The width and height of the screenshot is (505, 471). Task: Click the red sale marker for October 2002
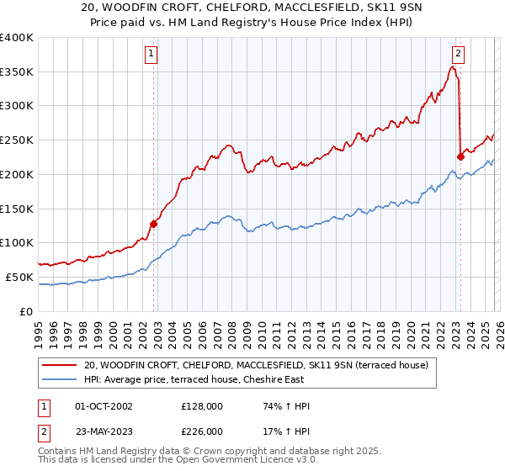(x=154, y=224)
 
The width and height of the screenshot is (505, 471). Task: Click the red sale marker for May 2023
(x=460, y=156)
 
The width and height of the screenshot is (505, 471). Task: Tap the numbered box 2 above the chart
(x=457, y=54)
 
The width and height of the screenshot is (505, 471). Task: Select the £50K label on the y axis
(x=19, y=277)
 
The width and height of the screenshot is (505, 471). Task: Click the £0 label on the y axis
(x=26, y=311)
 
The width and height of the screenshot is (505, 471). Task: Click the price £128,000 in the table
(x=202, y=406)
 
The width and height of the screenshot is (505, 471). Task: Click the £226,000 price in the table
(x=202, y=431)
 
